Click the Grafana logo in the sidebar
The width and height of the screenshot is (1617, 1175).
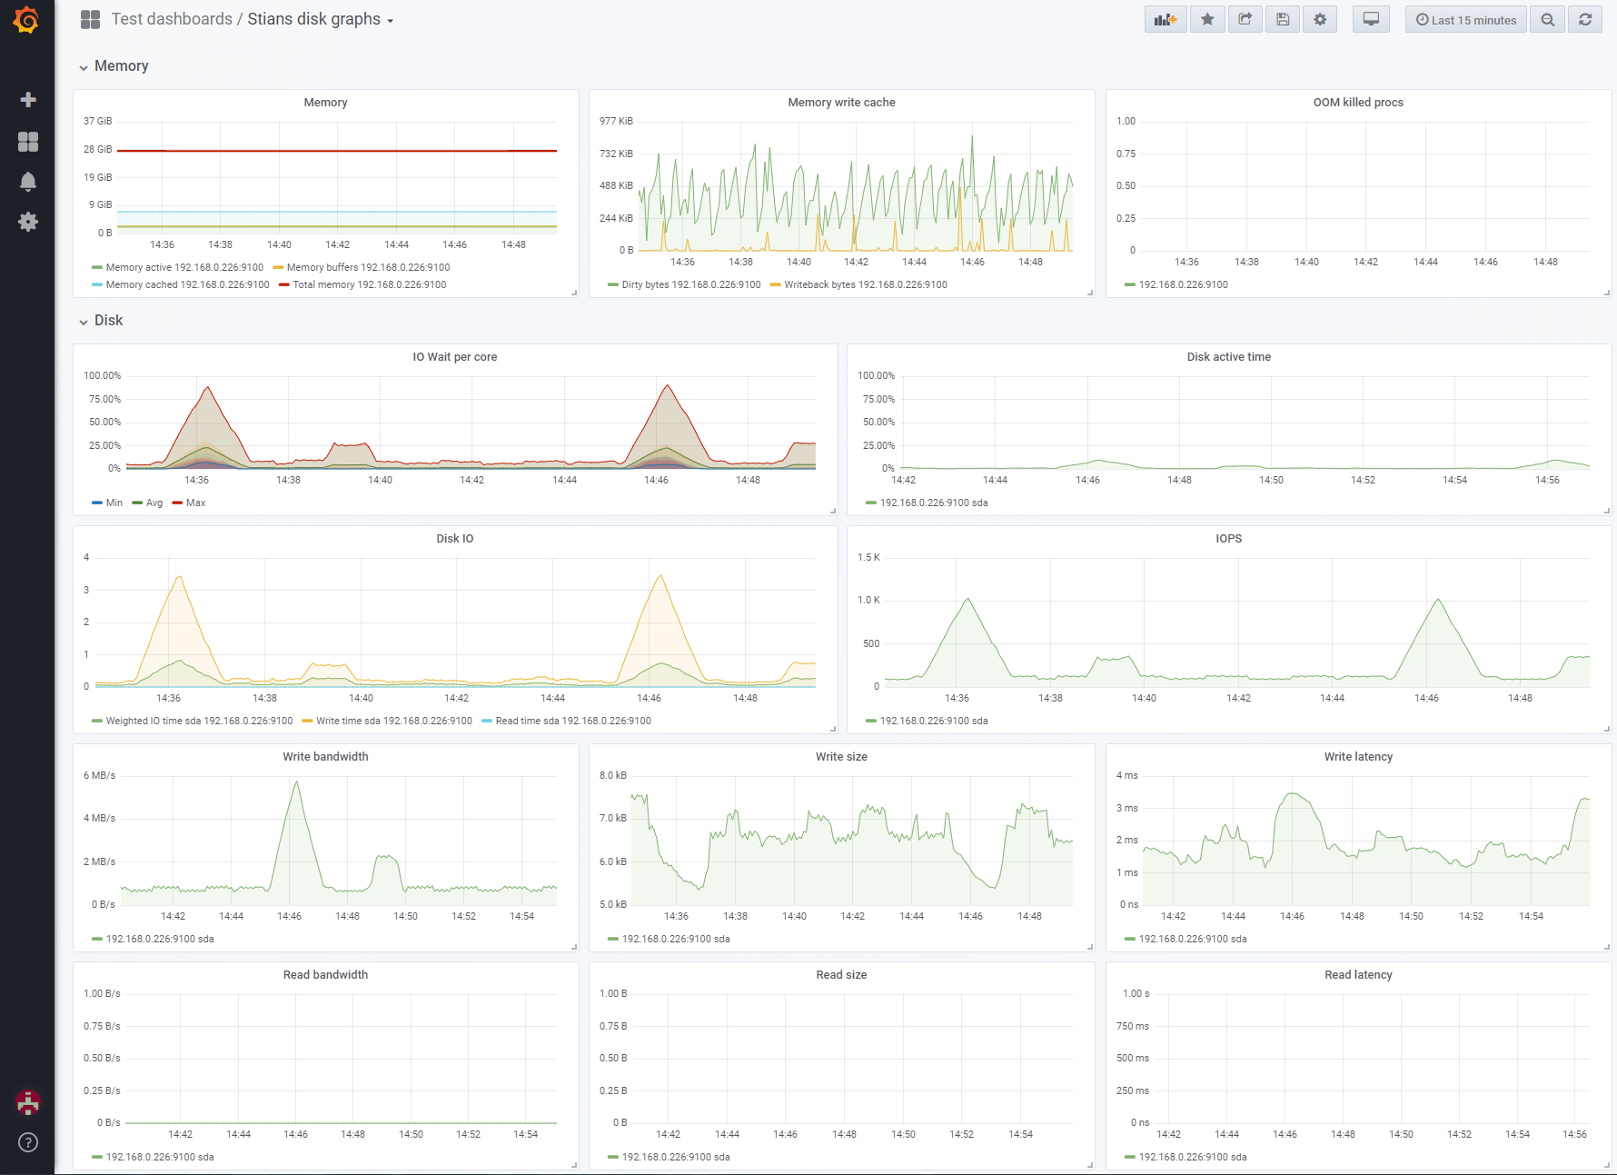(x=26, y=19)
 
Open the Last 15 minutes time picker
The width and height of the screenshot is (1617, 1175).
(x=1465, y=20)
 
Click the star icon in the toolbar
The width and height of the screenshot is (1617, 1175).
(x=1207, y=19)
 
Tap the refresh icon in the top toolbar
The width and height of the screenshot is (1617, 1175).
(x=1585, y=20)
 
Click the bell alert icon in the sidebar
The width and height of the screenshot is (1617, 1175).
(x=28, y=182)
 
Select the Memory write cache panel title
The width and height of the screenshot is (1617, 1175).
(x=841, y=103)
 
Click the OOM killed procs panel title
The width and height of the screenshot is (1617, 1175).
(x=1358, y=103)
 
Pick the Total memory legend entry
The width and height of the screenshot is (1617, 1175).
(x=363, y=284)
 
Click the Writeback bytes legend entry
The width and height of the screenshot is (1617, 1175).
(x=858, y=284)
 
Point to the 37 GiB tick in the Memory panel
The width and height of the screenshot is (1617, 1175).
(x=98, y=121)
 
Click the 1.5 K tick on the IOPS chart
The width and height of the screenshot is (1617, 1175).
(x=868, y=557)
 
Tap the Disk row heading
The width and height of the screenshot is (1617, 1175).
(x=108, y=321)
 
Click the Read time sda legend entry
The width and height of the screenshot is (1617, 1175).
(x=566, y=721)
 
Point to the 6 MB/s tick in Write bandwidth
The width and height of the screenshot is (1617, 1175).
(x=100, y=775)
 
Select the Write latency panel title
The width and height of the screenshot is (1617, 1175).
(x=1358, y=757)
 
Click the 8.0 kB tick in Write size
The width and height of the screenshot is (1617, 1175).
(x=613, y=775)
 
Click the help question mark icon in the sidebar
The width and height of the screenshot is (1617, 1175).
(x=28, y=1142)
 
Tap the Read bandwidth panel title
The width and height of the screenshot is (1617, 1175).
(x=325, y=975)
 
